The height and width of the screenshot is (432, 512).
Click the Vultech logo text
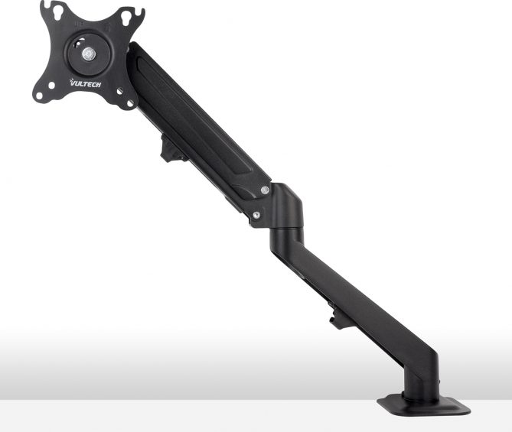pos(86,83)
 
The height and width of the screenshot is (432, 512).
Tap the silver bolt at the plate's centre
pos(89,54)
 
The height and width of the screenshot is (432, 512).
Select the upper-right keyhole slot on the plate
pos(126,18)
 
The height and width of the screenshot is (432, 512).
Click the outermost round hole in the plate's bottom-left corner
pos(39,96)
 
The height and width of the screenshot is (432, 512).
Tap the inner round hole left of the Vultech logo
pos(51,86)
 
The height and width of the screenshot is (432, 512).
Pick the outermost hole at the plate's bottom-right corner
pos(130,103)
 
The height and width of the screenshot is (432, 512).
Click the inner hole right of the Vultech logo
pos(119,91)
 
